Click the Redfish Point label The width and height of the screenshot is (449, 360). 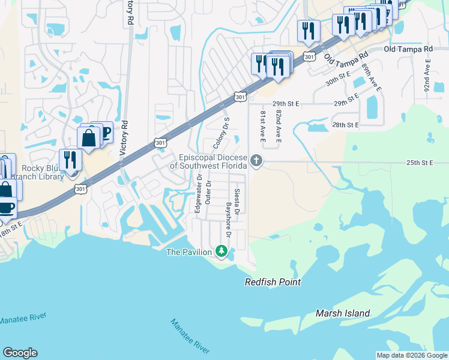pos(273,282)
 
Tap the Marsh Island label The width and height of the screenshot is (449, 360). pos(343,313)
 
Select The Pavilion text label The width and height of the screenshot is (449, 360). pos(188,252)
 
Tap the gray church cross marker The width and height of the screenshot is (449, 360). pos(256,160)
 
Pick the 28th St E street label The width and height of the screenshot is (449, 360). pos(345,125)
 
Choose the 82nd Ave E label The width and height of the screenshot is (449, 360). pos(279,127)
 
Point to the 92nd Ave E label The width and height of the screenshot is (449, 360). pos(427,74)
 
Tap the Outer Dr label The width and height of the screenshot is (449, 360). pos(208,193)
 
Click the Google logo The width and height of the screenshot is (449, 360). pos(20,353)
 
